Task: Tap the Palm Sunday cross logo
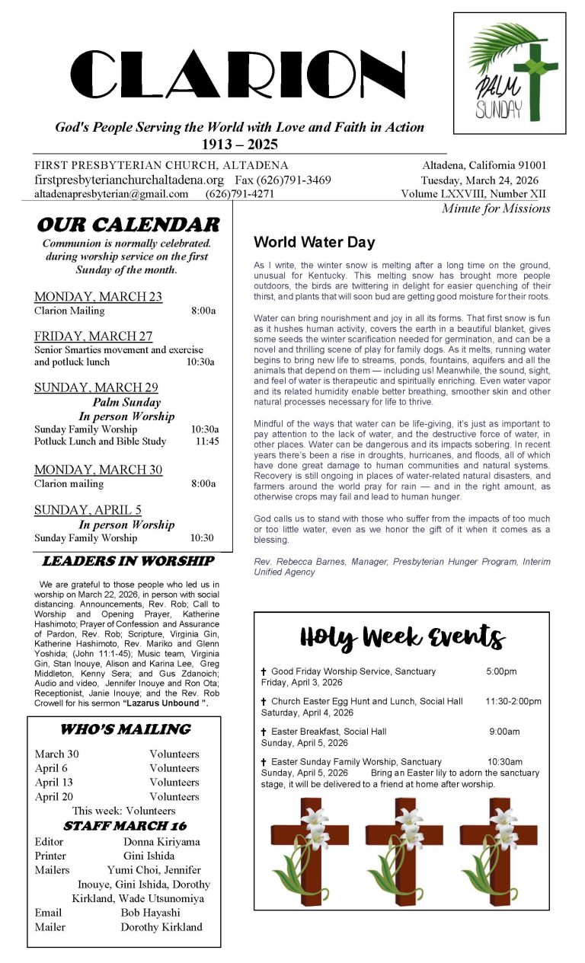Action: [510, 73]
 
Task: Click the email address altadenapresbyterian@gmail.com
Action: [111, 194]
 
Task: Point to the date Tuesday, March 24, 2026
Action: [484, 180]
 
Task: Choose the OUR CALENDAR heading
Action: [127, 225]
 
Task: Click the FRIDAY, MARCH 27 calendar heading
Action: [93, 336]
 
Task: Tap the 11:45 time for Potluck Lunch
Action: [207, 442]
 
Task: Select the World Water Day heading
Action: [314, 243]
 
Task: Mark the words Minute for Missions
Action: [496, 209]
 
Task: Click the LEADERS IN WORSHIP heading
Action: [127, 561]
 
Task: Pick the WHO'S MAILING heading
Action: [125, 729]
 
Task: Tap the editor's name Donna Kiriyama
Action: [162, 842]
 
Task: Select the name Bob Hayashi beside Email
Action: [151, 913]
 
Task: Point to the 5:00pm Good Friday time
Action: [501, 671]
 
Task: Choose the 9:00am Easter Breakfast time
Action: [504, 732]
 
